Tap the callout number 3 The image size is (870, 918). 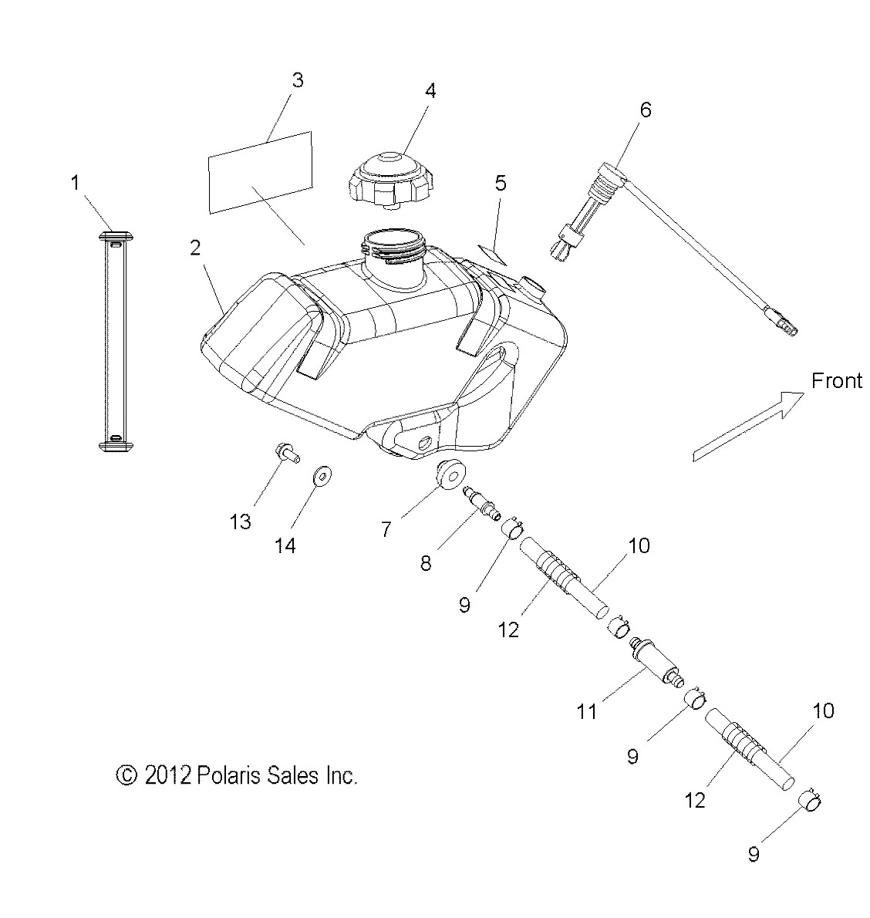(297, 81)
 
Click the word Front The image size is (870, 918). (836, 380)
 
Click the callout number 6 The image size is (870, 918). (645, 110)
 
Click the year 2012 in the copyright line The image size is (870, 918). (167, 775)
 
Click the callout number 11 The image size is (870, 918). (588, 710)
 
